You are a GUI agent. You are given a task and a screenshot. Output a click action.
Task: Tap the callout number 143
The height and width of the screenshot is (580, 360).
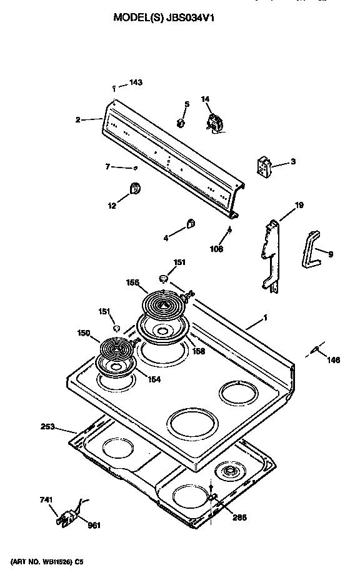136,83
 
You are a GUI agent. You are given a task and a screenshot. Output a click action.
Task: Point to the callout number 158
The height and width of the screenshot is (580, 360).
197,352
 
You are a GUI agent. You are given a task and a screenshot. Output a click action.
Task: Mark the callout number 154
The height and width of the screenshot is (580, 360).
152,379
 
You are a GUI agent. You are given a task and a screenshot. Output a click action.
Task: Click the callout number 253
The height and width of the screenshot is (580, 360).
48,427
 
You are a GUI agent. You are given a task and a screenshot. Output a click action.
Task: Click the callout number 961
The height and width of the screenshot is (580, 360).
94,524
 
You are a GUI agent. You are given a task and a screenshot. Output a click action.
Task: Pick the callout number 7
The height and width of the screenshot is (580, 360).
107,166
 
